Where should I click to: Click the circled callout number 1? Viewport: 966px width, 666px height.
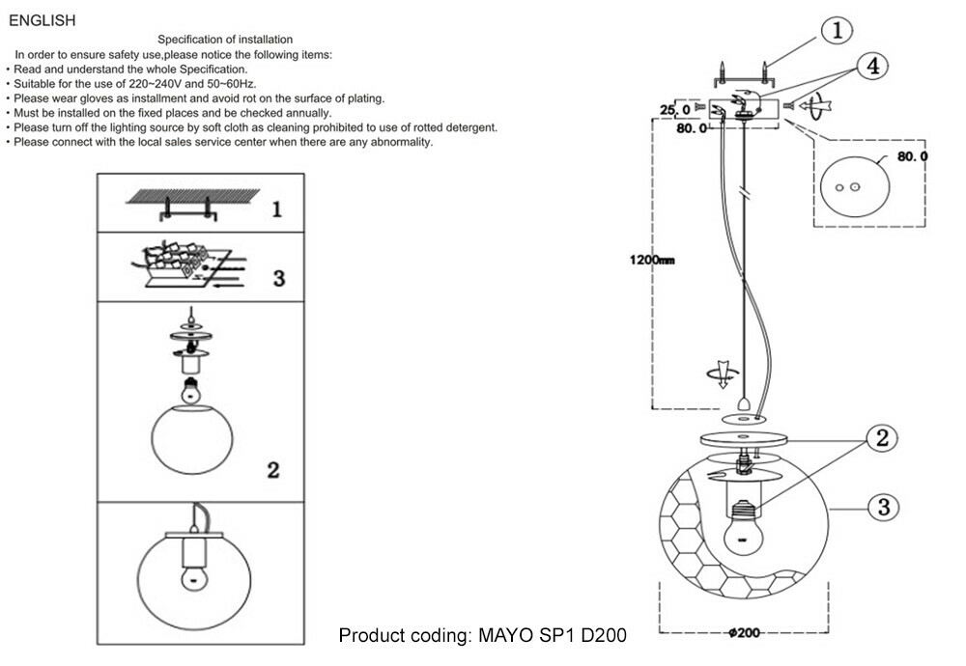coord(837,31)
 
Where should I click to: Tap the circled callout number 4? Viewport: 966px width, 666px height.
coord(872,67)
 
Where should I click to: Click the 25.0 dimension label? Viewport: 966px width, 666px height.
coord(675,110)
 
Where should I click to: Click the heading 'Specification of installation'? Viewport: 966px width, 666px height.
coord(225,40)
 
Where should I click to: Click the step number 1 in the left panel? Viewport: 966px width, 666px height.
coord(277,208)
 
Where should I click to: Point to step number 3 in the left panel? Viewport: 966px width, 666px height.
coord(278,278)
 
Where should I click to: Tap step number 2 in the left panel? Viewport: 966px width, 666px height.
coord(273,470)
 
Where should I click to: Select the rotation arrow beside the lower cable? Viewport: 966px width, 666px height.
coord(718,375)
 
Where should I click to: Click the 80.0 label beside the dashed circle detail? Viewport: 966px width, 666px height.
coord(912,156)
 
